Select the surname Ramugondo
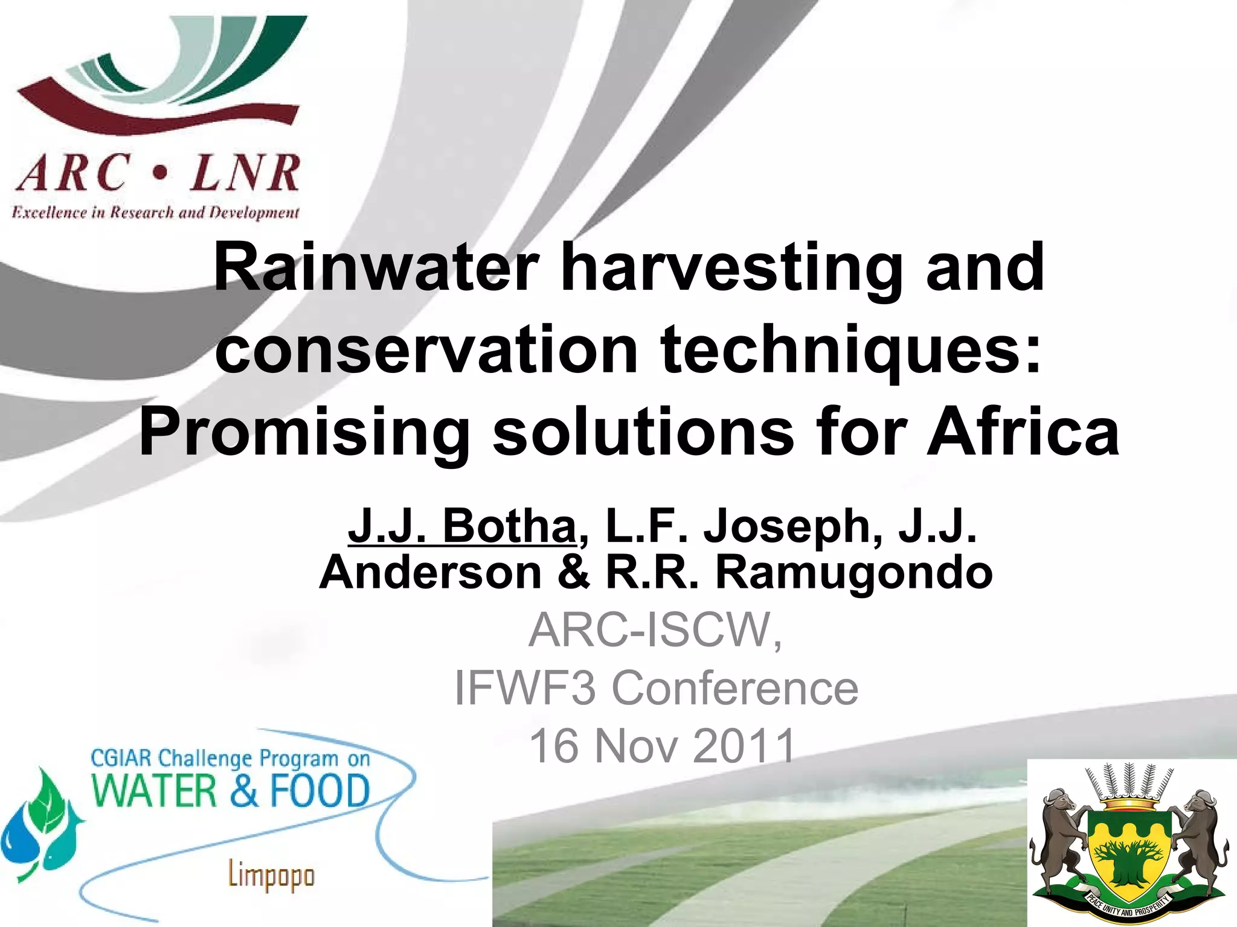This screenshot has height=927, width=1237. coord(854,572)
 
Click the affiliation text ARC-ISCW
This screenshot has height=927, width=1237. coord(655,629)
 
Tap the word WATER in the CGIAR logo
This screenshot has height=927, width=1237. coord(154,791)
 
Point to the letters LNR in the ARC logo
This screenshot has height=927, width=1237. coord(244,173)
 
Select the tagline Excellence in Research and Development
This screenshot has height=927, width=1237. coord(155,212)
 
